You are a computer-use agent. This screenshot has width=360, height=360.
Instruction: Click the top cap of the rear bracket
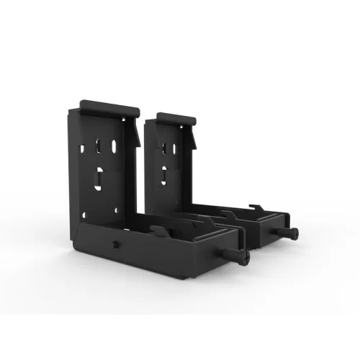[x=168, y=117]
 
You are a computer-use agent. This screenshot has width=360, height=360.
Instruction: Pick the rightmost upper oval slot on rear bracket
[x=175, y=148]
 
